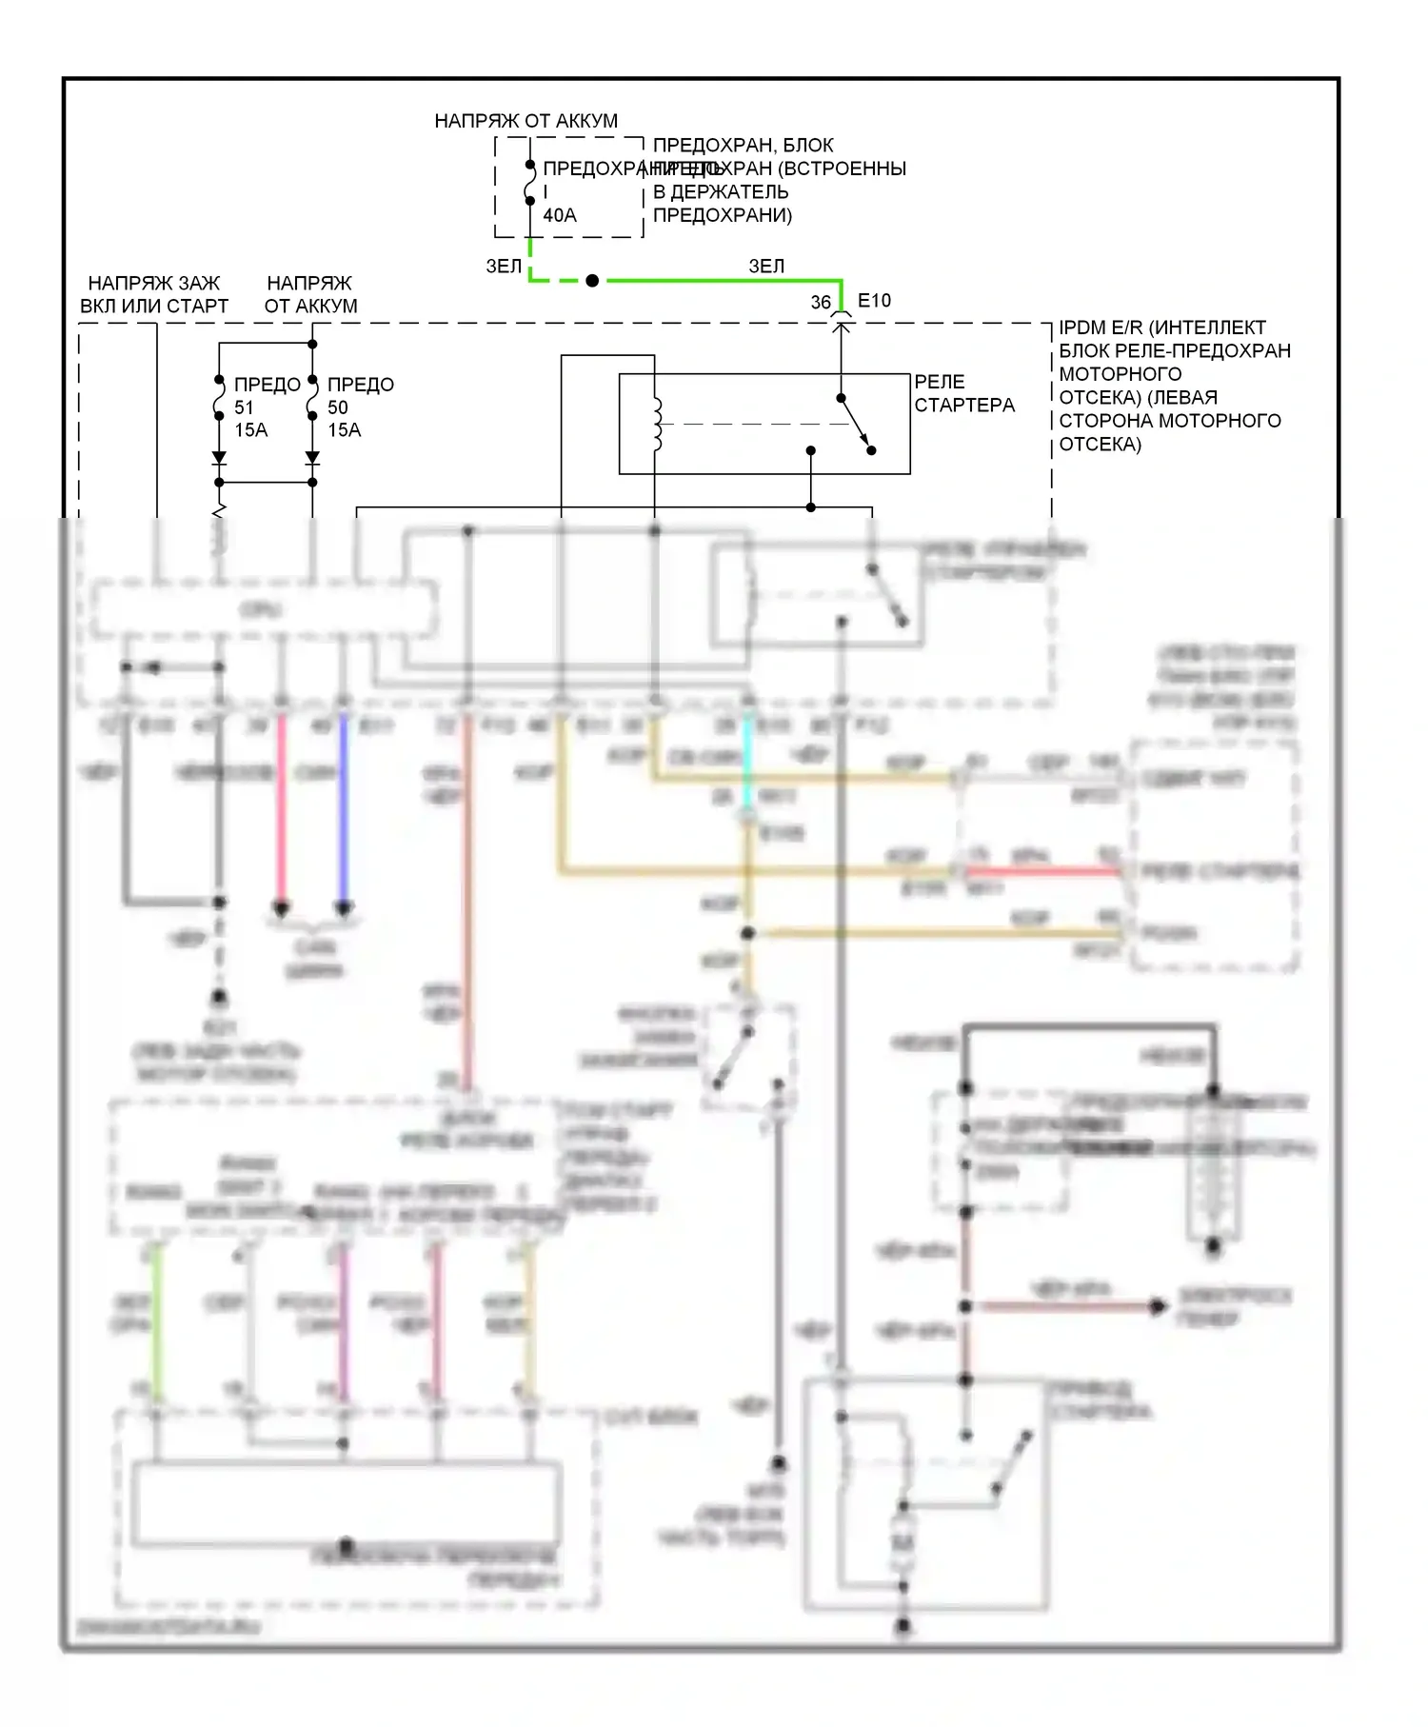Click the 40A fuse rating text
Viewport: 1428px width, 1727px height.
point(560,216)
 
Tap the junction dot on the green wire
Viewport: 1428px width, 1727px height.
point(592,281)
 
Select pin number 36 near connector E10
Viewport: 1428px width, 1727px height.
point(821,303)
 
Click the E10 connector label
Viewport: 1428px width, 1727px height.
point(874,301)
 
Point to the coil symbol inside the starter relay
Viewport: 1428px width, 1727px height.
point(656,424)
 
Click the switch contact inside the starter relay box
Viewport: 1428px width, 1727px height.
point(856,424)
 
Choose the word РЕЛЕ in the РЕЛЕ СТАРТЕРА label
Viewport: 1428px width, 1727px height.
point(940,382)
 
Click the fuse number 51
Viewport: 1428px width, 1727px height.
point(245,407)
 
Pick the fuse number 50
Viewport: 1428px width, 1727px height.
point(338,407)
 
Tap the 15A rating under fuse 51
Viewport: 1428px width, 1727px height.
point(251,430)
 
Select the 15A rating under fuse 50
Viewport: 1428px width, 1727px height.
point(345,430)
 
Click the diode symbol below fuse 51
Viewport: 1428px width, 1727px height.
point(219,458)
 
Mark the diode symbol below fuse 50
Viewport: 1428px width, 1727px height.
point(312,458)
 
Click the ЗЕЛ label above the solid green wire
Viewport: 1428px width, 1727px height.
point(766,267)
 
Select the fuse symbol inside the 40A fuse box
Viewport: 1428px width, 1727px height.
point(530,183)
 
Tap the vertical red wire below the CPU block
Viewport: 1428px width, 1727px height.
point(281,809)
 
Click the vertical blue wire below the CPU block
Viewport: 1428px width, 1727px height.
point(344,809)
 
